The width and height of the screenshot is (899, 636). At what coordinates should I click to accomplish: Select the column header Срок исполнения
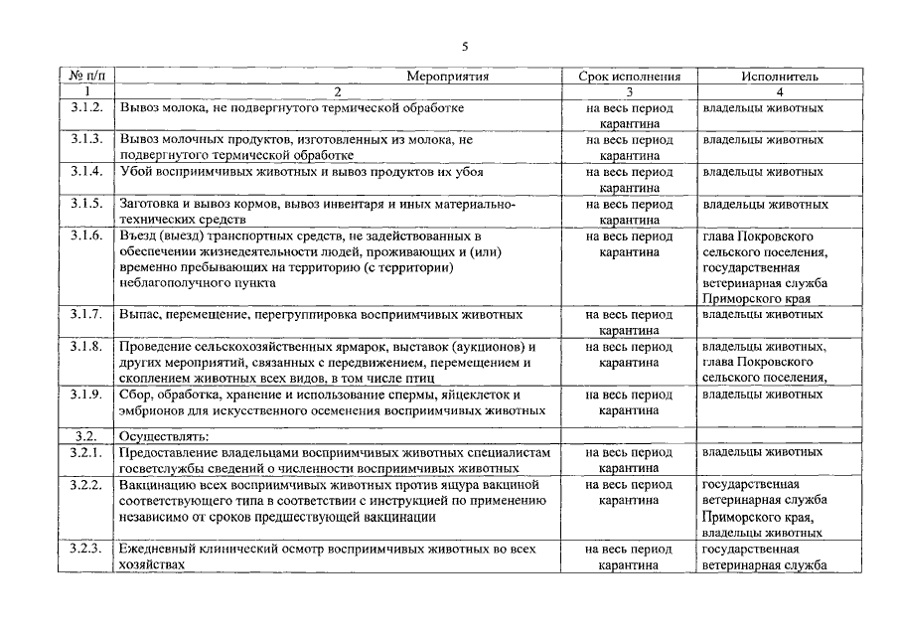click(630, 76)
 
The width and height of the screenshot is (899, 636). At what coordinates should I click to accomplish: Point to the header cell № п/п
click(87, 76)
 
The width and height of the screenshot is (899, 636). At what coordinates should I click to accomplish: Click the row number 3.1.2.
click(87, 107)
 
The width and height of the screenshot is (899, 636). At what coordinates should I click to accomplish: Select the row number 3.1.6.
click(87, 236)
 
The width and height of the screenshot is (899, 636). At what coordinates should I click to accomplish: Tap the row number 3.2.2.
click(87, 484)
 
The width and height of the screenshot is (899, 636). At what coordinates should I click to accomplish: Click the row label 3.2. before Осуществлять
click(85, 435)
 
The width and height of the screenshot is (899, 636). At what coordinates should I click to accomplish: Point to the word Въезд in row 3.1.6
click(137, 236)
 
